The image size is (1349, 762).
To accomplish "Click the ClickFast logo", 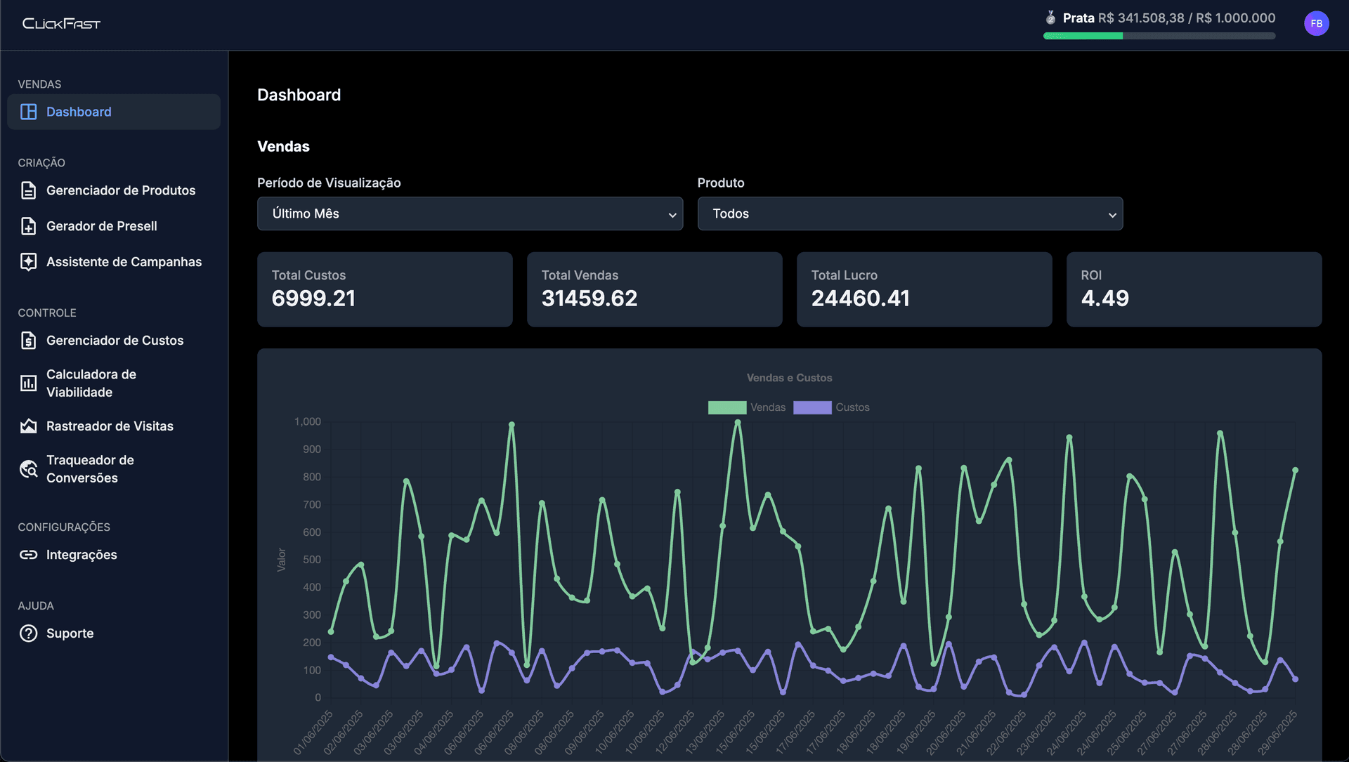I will tap(61, 24).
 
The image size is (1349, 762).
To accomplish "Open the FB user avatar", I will tap(1316, 24).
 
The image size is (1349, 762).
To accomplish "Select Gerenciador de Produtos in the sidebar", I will tap(120, 190).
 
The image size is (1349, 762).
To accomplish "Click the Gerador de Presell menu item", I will tap(101, 226).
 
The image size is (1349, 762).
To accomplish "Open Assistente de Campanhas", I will tap(124, 262).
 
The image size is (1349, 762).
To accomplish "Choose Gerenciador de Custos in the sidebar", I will tap(115, 341).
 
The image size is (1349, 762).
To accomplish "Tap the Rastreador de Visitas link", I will tap(110, 426).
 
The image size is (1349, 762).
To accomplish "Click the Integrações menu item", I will tap(82, 555).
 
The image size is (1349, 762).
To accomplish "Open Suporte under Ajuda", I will tap(70, 633).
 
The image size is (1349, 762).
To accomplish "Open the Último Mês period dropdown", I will tap(469, 214).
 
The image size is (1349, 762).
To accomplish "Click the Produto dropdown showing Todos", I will tap(909, 214).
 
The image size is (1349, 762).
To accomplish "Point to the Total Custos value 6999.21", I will tap(313, 298).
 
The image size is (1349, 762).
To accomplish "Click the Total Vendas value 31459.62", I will tap(589, 298).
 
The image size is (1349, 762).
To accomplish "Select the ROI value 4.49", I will tap(1104, 298).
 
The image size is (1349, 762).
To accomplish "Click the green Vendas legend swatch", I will tap(726, 407).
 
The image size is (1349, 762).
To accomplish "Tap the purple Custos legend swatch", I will tap(812, 407).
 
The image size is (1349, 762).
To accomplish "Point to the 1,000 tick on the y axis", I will tap(307, 421).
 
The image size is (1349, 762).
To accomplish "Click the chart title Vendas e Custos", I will tap(789, 378).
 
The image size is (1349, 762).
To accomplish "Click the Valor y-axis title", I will tap(281, 560).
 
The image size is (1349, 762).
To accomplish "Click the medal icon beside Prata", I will tap(1050, 18).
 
